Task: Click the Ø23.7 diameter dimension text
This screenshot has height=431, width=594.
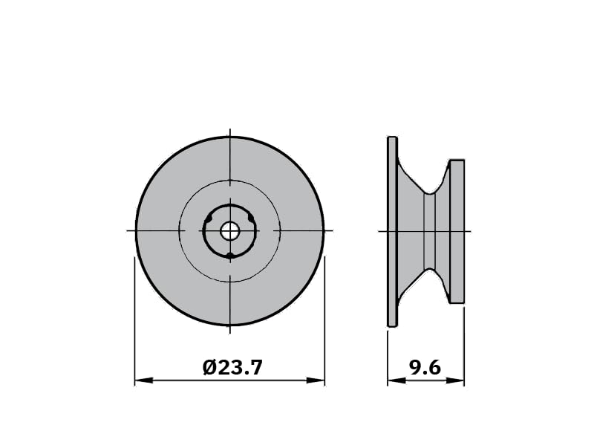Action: tap(232, 367)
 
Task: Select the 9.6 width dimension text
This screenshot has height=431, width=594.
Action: tap(425, 367)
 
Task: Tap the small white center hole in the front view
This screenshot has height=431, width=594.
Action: tap(229, 231)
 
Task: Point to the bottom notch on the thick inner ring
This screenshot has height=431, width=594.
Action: tap(229, 256)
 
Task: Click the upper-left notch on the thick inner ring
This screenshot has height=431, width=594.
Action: tap(208, 218)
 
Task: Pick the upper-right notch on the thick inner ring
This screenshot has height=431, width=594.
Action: tap(251, 218)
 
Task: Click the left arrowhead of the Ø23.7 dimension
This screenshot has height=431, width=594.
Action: tap(144, 380)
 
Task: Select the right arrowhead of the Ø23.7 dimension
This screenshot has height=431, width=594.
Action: tap(316, 380)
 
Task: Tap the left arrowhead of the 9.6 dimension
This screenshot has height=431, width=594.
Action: tap(396, 380)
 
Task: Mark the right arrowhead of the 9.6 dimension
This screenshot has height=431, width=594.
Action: tap(455, 380)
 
